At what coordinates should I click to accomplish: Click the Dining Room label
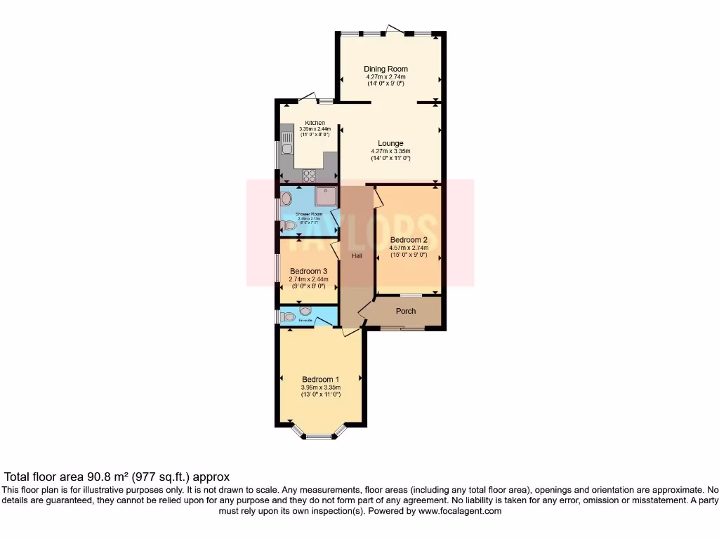coord(385,69)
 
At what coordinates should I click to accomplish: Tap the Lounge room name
coord(390,143)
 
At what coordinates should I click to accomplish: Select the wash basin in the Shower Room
coord(286,199)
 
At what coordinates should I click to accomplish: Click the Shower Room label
coord(309,213)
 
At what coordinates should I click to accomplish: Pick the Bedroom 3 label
coord(308,271)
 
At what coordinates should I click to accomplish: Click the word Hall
coord(357,256)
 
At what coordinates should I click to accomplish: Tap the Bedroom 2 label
coord(409,239)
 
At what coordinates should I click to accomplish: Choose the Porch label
coord(406,311)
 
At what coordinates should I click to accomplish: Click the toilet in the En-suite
coord(288,317)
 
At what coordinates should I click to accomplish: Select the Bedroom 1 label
coord(320,379)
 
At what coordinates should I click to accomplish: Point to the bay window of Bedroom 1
coord(318,435)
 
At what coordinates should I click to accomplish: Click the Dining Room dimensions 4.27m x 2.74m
coord(385,76)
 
